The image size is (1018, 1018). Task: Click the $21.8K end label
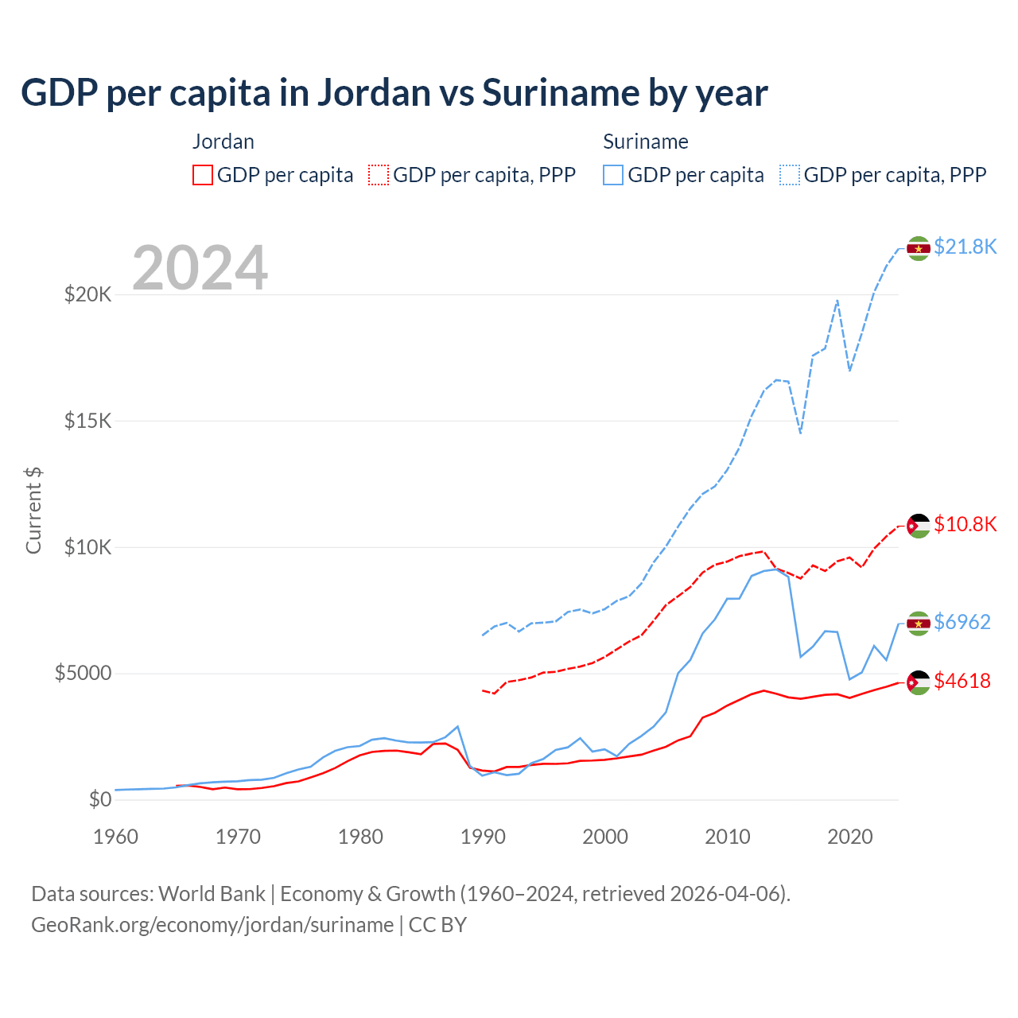[965, 247]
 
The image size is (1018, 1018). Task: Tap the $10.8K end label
[965, 524]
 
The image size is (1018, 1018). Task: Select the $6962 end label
[962, 622]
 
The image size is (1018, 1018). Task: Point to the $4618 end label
[962, 681]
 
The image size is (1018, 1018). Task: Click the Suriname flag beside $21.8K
[919, 248]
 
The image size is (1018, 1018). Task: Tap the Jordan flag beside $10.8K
[919, 526]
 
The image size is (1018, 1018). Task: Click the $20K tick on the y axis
[88, 294]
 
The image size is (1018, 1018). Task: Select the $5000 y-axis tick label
[83, 674]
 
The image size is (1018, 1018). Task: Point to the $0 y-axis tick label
[99, 799]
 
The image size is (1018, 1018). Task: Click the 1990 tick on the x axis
[483, 837]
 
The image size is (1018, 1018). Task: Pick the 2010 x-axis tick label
[728, 837]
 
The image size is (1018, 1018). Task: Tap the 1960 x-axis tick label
[115, 837]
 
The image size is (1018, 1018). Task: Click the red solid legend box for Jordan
[203, 175]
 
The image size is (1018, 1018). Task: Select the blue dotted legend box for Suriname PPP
[790, 175]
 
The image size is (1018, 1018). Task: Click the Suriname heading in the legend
[645, 142]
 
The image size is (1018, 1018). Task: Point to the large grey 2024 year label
[200, 268]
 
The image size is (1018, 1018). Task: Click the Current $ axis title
[33, 511]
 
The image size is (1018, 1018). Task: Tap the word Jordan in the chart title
[374, 93]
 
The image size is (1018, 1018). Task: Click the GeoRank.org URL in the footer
[212, 925]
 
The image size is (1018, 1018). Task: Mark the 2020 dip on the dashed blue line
[849, 371]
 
